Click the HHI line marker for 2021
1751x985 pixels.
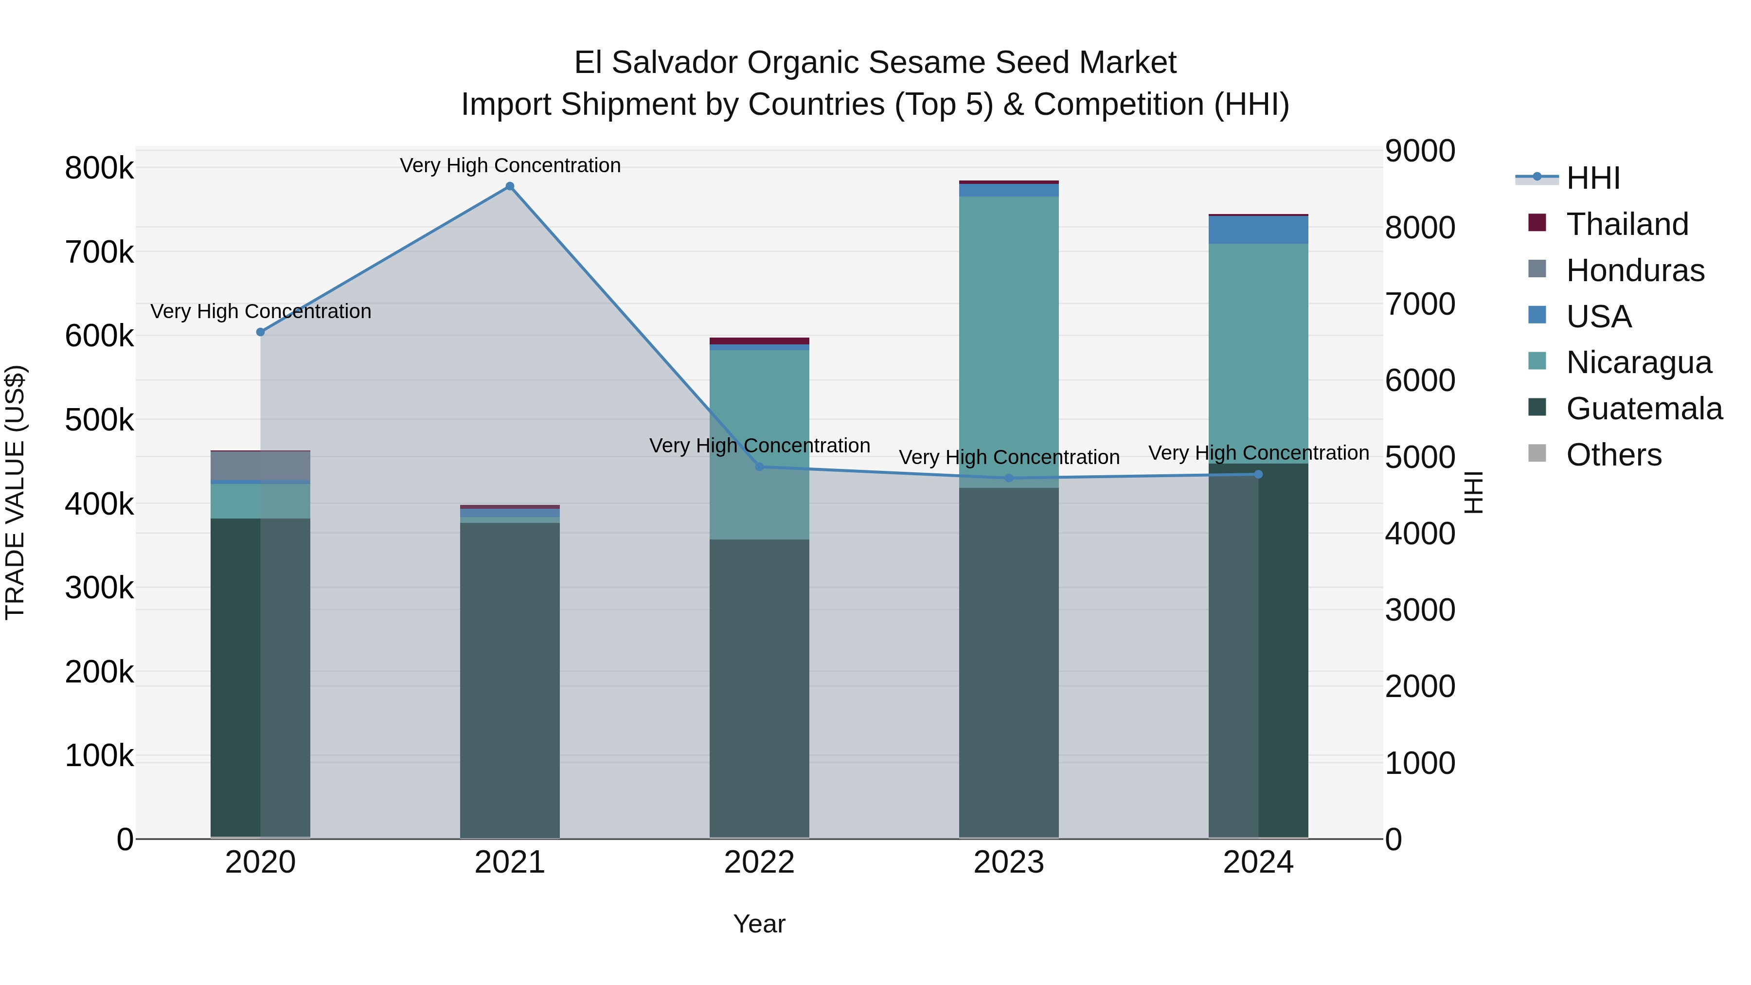tap(510, 186)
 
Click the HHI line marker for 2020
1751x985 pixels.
tap(260, 332)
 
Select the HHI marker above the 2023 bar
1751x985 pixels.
tap(1009, 478)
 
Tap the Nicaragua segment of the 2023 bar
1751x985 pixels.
tap(1009, 340)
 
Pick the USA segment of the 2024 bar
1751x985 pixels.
tap(1258, 230)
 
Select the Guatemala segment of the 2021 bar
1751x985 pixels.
tap(510, 680)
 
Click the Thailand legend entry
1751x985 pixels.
tap(1626, 224)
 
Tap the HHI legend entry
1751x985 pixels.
tap(1592, 178)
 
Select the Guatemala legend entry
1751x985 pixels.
tap(1644, 409)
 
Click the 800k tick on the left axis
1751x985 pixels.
tap(99, 168)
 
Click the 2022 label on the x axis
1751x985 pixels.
tap(759, 862)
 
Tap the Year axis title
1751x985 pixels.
tap(759, 924)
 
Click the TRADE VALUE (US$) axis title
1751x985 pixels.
tap(15, 492)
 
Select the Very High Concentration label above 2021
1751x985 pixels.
tap(510, 165)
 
